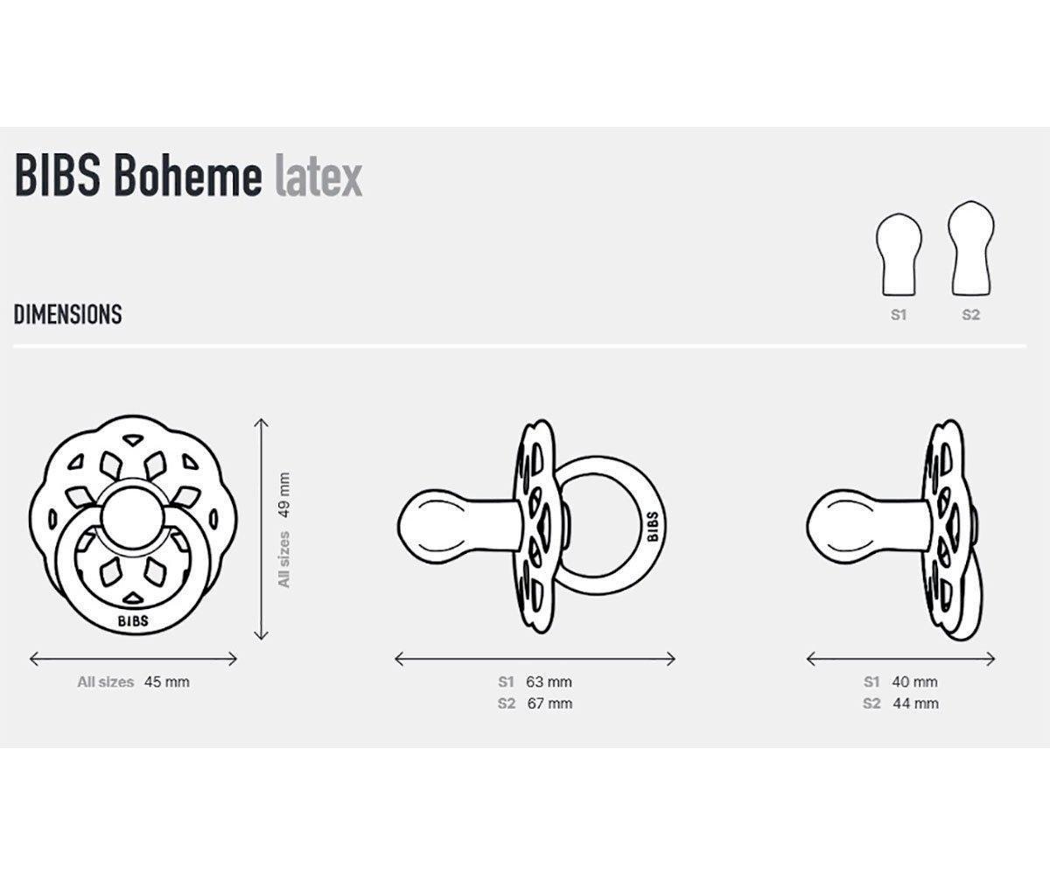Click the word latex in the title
tap(318, 178)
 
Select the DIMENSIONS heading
tap(67, 315)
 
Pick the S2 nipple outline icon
tap(971, 249)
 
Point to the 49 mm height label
tap(283, 495)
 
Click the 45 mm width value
tap(166, 682)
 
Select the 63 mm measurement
tap(549, 682)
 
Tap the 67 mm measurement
tap(549, 703)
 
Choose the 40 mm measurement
tap(914, 682)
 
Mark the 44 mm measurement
tap(914, 703)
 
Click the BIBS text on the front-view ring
tap(132, 621)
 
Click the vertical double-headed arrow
tap(260, 528)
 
